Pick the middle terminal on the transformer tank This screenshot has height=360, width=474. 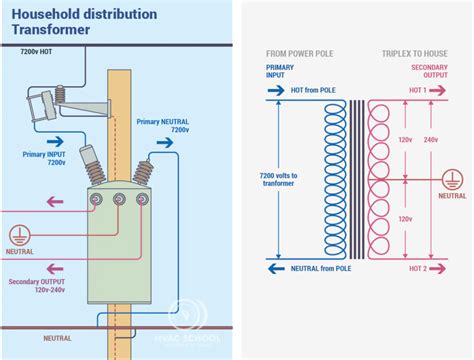coord(119,201)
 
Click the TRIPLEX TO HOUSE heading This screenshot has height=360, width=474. coord(416,52)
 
